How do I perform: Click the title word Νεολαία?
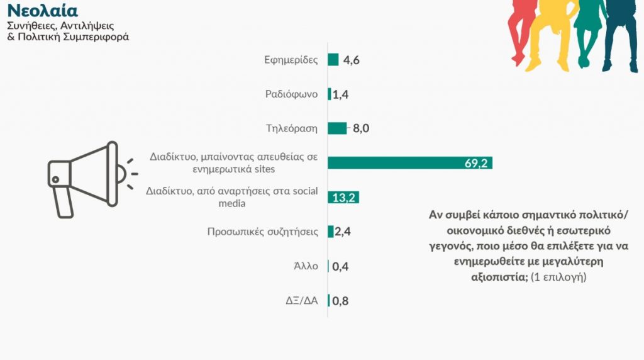(42, 11)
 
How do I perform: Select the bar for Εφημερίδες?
(333, 60)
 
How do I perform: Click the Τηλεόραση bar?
(337, 128)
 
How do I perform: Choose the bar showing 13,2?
(343, 198)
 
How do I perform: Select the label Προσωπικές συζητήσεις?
(262, 232)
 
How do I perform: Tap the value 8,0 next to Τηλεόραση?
(360, 128)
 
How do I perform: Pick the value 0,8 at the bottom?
(340, 300)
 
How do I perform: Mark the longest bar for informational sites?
(409, 163)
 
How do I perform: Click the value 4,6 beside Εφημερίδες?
(351, 60)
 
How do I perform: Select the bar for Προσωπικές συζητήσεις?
(331, 232)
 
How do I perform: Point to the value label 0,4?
(340, 266)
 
